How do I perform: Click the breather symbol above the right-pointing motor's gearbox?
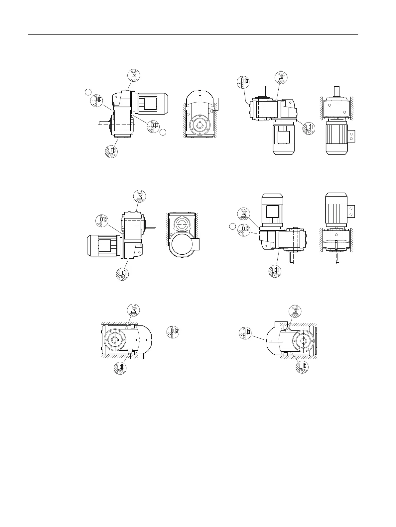(134, 75)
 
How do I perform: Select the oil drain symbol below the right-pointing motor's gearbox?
(111, 151)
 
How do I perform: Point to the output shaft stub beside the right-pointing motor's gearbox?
(104, 123)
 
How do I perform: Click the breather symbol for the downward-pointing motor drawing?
(281, 77)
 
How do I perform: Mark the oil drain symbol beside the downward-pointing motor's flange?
(309, 128)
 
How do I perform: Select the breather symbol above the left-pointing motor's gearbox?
(139, 196)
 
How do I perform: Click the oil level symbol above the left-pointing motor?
(102, 220)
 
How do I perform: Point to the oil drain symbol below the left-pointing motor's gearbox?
(122, 274)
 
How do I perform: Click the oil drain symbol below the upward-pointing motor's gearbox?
(275, 271)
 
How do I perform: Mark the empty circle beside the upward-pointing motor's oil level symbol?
(233, 227)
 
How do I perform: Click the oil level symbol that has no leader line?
(172, 332)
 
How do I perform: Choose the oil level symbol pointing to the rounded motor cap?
(246, 333)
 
